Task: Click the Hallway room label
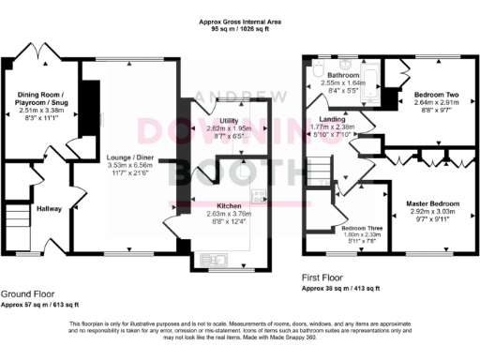click(48, 209)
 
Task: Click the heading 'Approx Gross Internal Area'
click(240, 21)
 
